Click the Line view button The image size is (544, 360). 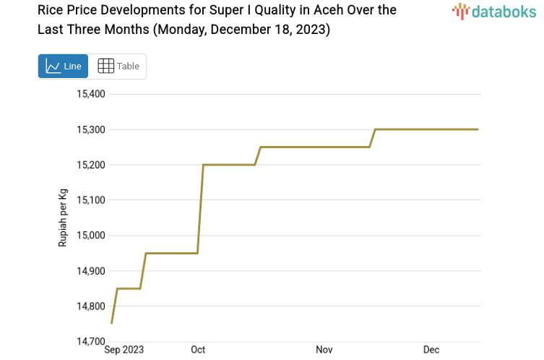(64, 67)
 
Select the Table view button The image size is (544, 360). (118, 67)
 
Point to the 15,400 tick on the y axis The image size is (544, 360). (91, 94)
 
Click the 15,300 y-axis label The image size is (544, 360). (91, 129)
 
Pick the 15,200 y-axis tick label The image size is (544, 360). (91, 165)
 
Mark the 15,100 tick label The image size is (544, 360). (91, 200)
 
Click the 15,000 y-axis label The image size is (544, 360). (91, 236)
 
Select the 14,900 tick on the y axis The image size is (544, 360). (91, 271)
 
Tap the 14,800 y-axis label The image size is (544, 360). (91, 307)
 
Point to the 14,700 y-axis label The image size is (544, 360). (91, 341)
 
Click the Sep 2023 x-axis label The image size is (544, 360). (124, 350)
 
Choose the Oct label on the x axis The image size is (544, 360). (198, 350)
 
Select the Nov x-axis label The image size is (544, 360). (324, 350)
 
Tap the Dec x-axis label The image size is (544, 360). (431, 350)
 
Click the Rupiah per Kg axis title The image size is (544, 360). (63, 218)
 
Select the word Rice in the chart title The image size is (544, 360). (52, 11)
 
